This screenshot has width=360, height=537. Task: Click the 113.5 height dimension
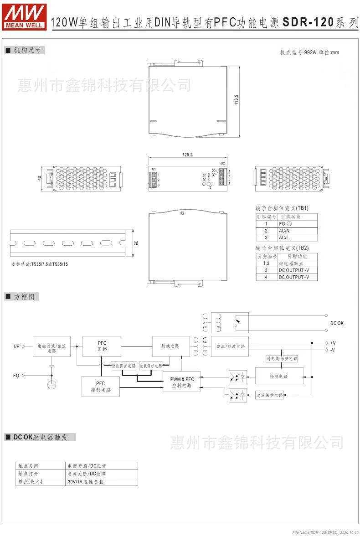point(236,99)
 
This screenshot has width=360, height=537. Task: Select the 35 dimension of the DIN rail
point(135,243)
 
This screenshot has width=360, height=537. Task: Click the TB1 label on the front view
point(153,170)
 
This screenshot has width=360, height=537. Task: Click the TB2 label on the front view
point(222,163)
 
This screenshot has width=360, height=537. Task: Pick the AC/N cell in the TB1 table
point(296,231)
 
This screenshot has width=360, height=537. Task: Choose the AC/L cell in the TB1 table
point(296,238)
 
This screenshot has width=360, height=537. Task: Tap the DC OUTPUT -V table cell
point(296,270)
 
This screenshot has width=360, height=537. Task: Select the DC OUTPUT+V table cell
point(296,277)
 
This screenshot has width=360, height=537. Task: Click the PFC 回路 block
point(102,346)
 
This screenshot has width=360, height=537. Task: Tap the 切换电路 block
point(170,346)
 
